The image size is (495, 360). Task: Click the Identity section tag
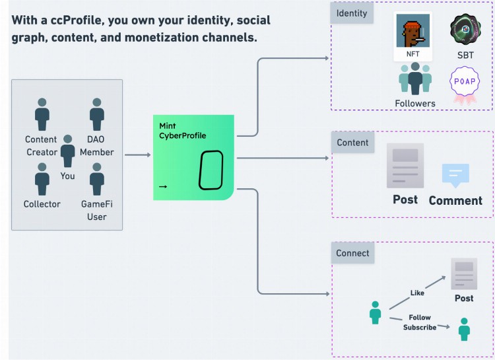(352, 13)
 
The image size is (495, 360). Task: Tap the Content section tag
(352, 143)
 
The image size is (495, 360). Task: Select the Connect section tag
(353, 253)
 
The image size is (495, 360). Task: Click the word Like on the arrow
(417, 293)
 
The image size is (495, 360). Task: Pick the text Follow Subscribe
(420, 322)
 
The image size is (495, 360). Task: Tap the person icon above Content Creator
(42, 114)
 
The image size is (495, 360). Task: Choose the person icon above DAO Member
(97, 114)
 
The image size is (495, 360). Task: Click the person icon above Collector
(42, 179)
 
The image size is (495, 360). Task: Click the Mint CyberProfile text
(181, 131)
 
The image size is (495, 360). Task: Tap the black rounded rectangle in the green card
(211, 171)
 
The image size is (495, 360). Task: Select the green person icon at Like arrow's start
(376, 312)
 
